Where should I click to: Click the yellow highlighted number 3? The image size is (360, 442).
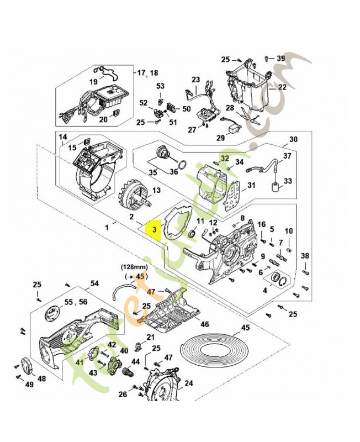tap(155, 228)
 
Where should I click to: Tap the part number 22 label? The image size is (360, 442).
tap(282, 87)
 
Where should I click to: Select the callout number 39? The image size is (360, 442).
tap(280, 59)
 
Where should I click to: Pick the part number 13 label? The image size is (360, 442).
tap(156, 191)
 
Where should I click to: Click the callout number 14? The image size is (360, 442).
tap(62, 137)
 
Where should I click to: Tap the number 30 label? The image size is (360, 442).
tap(293, 139)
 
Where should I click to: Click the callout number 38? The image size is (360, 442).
tap(305, 256)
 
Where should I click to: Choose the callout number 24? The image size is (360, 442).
tap(188, 383)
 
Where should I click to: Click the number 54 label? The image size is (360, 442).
tap(94, 283)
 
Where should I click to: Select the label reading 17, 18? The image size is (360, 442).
tap(147, 72)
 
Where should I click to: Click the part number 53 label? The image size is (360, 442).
tap(160, 86)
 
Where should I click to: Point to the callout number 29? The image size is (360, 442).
tap(220, 138)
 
